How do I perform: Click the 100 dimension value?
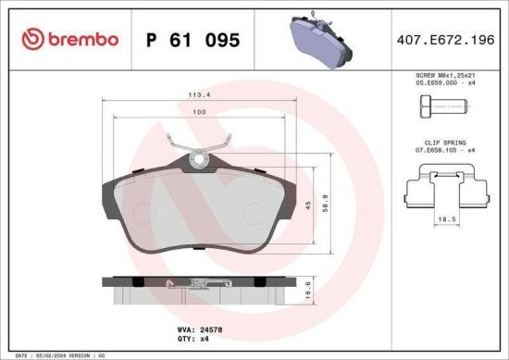tap(200, 113)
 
